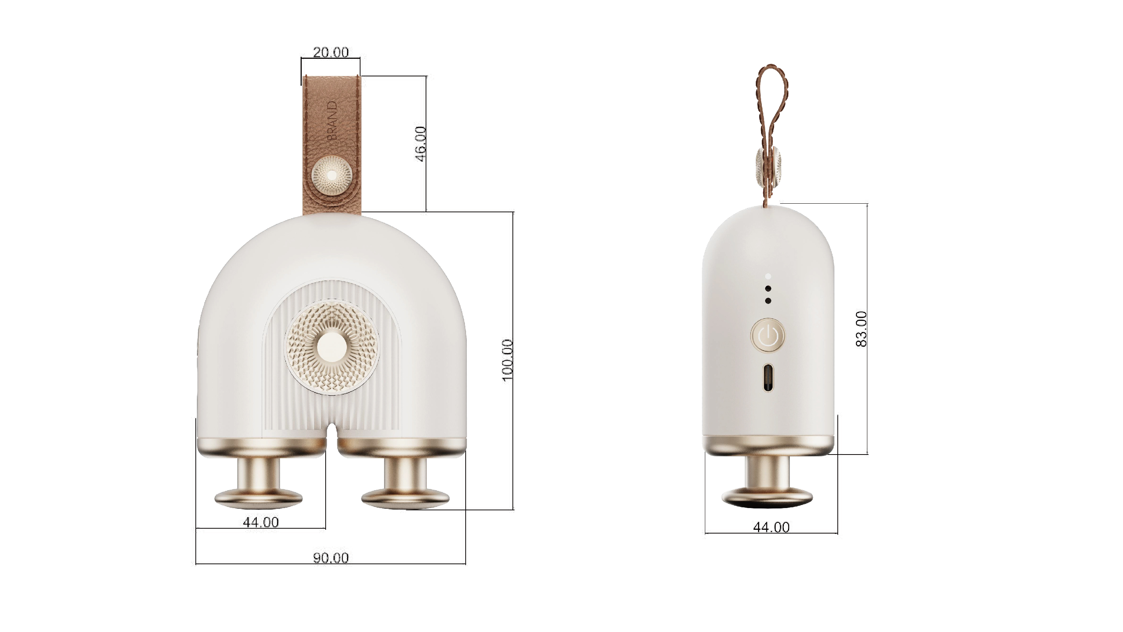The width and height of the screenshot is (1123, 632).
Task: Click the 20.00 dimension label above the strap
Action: coord(331,52)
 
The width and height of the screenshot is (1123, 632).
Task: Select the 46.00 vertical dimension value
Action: coord(420,144)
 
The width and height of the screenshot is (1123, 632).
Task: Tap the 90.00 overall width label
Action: coord(331,558)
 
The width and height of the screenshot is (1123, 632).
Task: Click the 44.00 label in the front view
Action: coord(261,522)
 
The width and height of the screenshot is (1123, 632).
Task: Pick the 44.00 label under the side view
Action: coord(771,527)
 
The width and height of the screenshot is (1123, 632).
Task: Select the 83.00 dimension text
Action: coord(861,329)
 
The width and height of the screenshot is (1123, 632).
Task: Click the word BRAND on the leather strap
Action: coord(332,121)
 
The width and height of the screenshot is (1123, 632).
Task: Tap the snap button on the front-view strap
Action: coord(332,175)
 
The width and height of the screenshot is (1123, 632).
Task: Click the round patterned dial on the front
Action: coord(332,347)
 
